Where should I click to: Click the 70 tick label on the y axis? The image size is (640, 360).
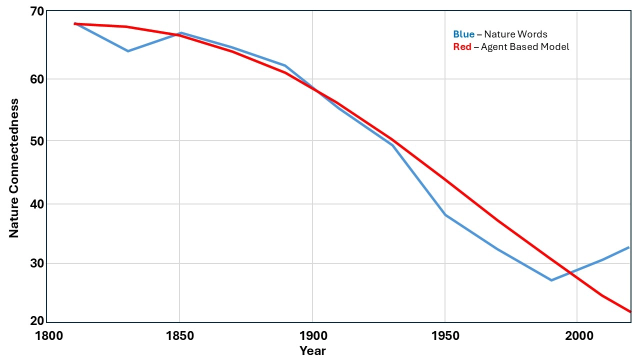pos(37,10)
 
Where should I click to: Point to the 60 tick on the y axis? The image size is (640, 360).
pos(37,79)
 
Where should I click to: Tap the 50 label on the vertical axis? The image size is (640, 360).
pos(37,140)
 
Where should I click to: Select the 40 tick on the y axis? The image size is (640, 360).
pos(37,204)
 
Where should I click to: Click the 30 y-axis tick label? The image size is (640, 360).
pos(37,263)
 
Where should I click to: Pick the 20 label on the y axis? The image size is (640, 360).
pos(37,321)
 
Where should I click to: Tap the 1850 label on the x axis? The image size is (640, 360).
pos(179,335)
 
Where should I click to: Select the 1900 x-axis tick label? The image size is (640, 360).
pos(312,335)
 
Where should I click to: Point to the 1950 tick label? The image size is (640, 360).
pos(445,335)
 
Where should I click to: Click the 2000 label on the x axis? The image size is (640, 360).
pos(577,335)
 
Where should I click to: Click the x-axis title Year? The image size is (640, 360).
pos(312,351)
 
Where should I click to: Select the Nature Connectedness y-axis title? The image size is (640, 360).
pos(14,168)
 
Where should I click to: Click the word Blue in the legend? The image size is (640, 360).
pos(463,34)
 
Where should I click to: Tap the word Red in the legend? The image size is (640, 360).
pos(462,47)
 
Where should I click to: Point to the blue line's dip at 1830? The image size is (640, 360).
pos(127,51)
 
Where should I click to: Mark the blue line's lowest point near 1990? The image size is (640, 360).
pos(551,280)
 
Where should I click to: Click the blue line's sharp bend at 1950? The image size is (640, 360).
pos(445,215)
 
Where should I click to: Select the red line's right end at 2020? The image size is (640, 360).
pos(630,311)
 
